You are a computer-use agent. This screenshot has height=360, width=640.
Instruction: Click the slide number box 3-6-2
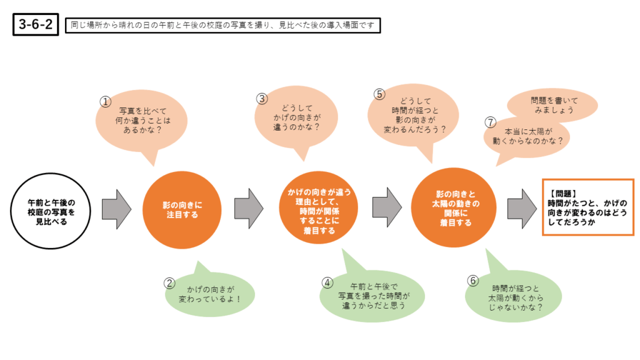(36, 25)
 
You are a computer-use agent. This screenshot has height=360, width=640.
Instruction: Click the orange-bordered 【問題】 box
(587, 207)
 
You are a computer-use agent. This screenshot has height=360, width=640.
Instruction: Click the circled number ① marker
(106, 101)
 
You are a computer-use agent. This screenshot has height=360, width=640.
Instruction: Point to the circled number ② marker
(169, 282)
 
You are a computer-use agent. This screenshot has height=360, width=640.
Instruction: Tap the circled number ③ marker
(262, 98)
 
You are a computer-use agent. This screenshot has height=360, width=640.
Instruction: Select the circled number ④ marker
(327, 282)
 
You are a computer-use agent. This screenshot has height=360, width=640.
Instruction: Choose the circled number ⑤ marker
(379, 94)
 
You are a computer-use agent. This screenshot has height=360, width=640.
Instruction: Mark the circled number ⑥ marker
(473, 280)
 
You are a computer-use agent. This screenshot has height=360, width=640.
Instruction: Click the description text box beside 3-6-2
(222, 25)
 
